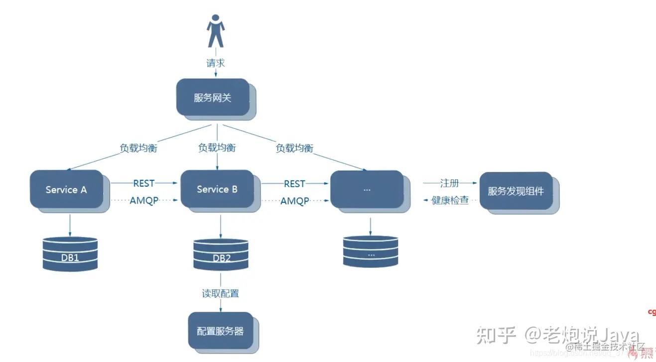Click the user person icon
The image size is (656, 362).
tap(215, 31)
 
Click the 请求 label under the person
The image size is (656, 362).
tap(216, 63)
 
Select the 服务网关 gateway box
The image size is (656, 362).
tap(213, 98)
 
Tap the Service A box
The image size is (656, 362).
tap(66, 189)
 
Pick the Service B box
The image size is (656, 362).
tap(217, 189)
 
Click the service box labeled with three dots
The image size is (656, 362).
tap(367, 189)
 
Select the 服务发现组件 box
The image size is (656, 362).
tap(516, 191)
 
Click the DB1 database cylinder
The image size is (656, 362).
tap(70, 253)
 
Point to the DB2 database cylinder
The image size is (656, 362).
tap(221, 254)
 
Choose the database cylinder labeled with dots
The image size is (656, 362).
tap(371, 251)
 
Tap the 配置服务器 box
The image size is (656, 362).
tap(220, 331)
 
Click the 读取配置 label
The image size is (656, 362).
tap(220, 293)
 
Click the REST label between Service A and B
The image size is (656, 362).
tap(144, 184)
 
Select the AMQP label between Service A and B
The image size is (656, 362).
tap(144, 201)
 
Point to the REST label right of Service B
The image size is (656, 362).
tap(294, 184)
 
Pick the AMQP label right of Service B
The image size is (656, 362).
tap(294, 201)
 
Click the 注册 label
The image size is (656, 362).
tap(449, 183)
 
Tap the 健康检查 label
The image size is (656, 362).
tap(450, 201)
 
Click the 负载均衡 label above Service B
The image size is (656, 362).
tap(217, 148)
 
